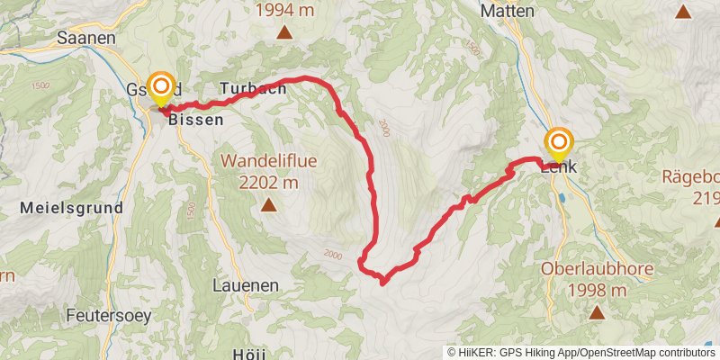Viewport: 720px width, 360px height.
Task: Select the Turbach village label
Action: coord(253,88)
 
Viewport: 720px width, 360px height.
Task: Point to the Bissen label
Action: coord(195,119)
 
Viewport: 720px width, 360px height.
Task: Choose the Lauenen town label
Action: coord(246,284)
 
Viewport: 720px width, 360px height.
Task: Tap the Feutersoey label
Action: coord(108,316)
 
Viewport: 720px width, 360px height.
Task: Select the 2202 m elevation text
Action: coord(268,183)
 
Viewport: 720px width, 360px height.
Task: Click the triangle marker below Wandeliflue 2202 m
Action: coord(268,205)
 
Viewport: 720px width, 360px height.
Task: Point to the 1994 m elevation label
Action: coord(284,12)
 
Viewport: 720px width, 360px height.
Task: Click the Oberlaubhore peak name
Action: coord(596,269)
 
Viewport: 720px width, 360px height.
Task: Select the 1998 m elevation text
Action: coord(596,290)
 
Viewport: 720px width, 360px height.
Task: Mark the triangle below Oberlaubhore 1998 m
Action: coord(596,312)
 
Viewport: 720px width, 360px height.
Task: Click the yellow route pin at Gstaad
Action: coord(161,87)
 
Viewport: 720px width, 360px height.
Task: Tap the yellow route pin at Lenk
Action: coord(559,142)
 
